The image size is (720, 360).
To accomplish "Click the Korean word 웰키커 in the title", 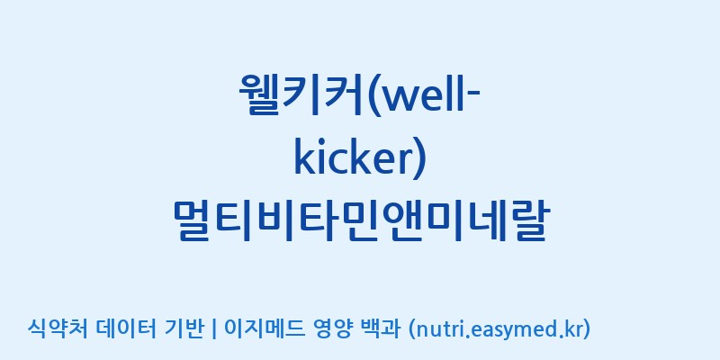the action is click(300, 94).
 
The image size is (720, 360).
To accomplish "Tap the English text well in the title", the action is click(422, 95).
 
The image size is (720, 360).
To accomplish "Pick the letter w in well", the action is click(398, 100).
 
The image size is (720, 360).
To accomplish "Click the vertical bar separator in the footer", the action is click(213, 328).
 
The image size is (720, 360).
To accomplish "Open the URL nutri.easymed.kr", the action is click(499, 328).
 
